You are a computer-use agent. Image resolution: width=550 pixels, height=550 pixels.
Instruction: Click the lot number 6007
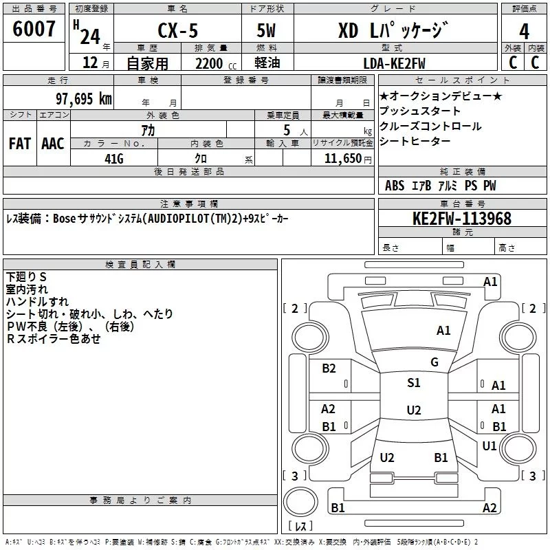[x=34, y=29]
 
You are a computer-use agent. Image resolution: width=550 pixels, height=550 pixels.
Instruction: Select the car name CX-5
[x=178, y=30]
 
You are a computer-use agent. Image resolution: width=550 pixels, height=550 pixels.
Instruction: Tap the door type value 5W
[x=266, y=30]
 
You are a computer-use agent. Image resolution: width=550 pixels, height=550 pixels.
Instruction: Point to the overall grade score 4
[x=524, y=32]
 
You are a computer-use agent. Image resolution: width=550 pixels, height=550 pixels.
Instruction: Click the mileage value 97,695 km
[x=84, y=99]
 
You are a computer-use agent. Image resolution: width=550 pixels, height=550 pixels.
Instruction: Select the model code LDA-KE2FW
[x=394, y=64]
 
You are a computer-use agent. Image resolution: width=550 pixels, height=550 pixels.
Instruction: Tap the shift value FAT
[x=20, y=144]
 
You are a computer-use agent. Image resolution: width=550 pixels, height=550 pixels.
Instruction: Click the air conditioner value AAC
[x=53, y=144]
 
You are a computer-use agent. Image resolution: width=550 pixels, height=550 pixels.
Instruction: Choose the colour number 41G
[x=114, y=159]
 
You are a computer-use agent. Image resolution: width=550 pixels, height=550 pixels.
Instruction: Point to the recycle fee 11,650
[x=343, y=159]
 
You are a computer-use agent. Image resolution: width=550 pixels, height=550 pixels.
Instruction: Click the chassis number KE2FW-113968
[x=462, y=219]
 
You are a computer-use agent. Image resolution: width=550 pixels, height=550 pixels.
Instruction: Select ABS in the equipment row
[x=395, y=186]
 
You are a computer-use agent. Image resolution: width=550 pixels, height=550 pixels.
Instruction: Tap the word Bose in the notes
[x=64, y=219]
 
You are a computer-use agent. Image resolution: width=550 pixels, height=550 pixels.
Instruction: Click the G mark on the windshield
[x=434, y=362]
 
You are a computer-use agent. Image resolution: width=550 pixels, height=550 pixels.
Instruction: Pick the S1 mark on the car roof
[x=414, y=383]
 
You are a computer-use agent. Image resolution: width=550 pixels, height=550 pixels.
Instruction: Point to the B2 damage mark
[x=329, y=368]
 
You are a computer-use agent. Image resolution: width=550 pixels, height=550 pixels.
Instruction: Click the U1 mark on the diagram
[x=489, y=446]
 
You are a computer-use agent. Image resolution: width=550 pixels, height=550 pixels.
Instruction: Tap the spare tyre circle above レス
[x=300, y=502]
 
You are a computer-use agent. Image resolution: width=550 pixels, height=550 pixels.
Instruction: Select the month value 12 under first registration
[x=90, y=63]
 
